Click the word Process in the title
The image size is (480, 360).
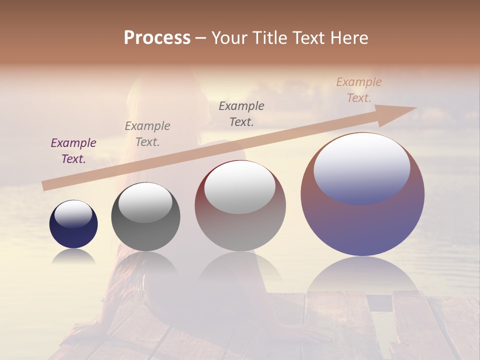click(157, 38)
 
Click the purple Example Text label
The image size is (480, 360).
click(73, 151)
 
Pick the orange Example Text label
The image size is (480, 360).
click(359, 90)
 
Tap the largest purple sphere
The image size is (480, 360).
click(362, 220)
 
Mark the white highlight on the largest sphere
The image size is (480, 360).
click(362, 167)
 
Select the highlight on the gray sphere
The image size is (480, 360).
click(145, 201)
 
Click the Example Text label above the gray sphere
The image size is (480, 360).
click(147, 134)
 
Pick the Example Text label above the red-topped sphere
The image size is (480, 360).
click(241, 113)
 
